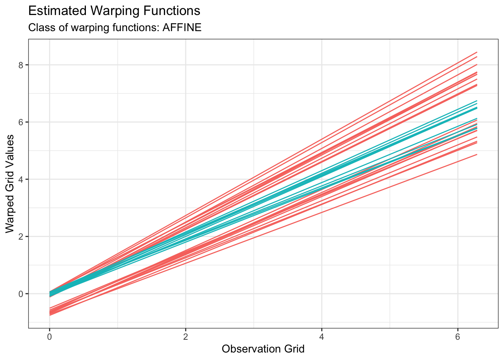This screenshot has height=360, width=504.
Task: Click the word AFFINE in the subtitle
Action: click(182, 28)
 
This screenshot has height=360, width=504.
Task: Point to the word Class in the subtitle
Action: click(38, 28)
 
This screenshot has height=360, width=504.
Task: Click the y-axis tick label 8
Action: click(21, 65)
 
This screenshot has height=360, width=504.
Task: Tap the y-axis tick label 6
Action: click(21, 122)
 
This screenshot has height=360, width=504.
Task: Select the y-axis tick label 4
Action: click(21, 179)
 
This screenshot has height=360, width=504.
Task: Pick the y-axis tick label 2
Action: click(21, 237)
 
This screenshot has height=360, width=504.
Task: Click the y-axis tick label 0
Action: click(21, 294)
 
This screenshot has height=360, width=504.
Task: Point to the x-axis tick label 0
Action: click(49, 337)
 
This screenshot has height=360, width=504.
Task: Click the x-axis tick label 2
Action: click(185, 337)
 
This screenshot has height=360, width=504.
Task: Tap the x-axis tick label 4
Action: click(321, 337)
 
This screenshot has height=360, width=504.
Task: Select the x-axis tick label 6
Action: click(457, 337)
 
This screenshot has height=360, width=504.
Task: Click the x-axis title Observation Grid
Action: click(263, 349)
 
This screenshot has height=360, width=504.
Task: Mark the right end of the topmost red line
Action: click(477, 52)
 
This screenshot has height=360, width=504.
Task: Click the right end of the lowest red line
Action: click(477, 154)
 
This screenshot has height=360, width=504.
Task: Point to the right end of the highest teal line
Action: click(477, 100)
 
